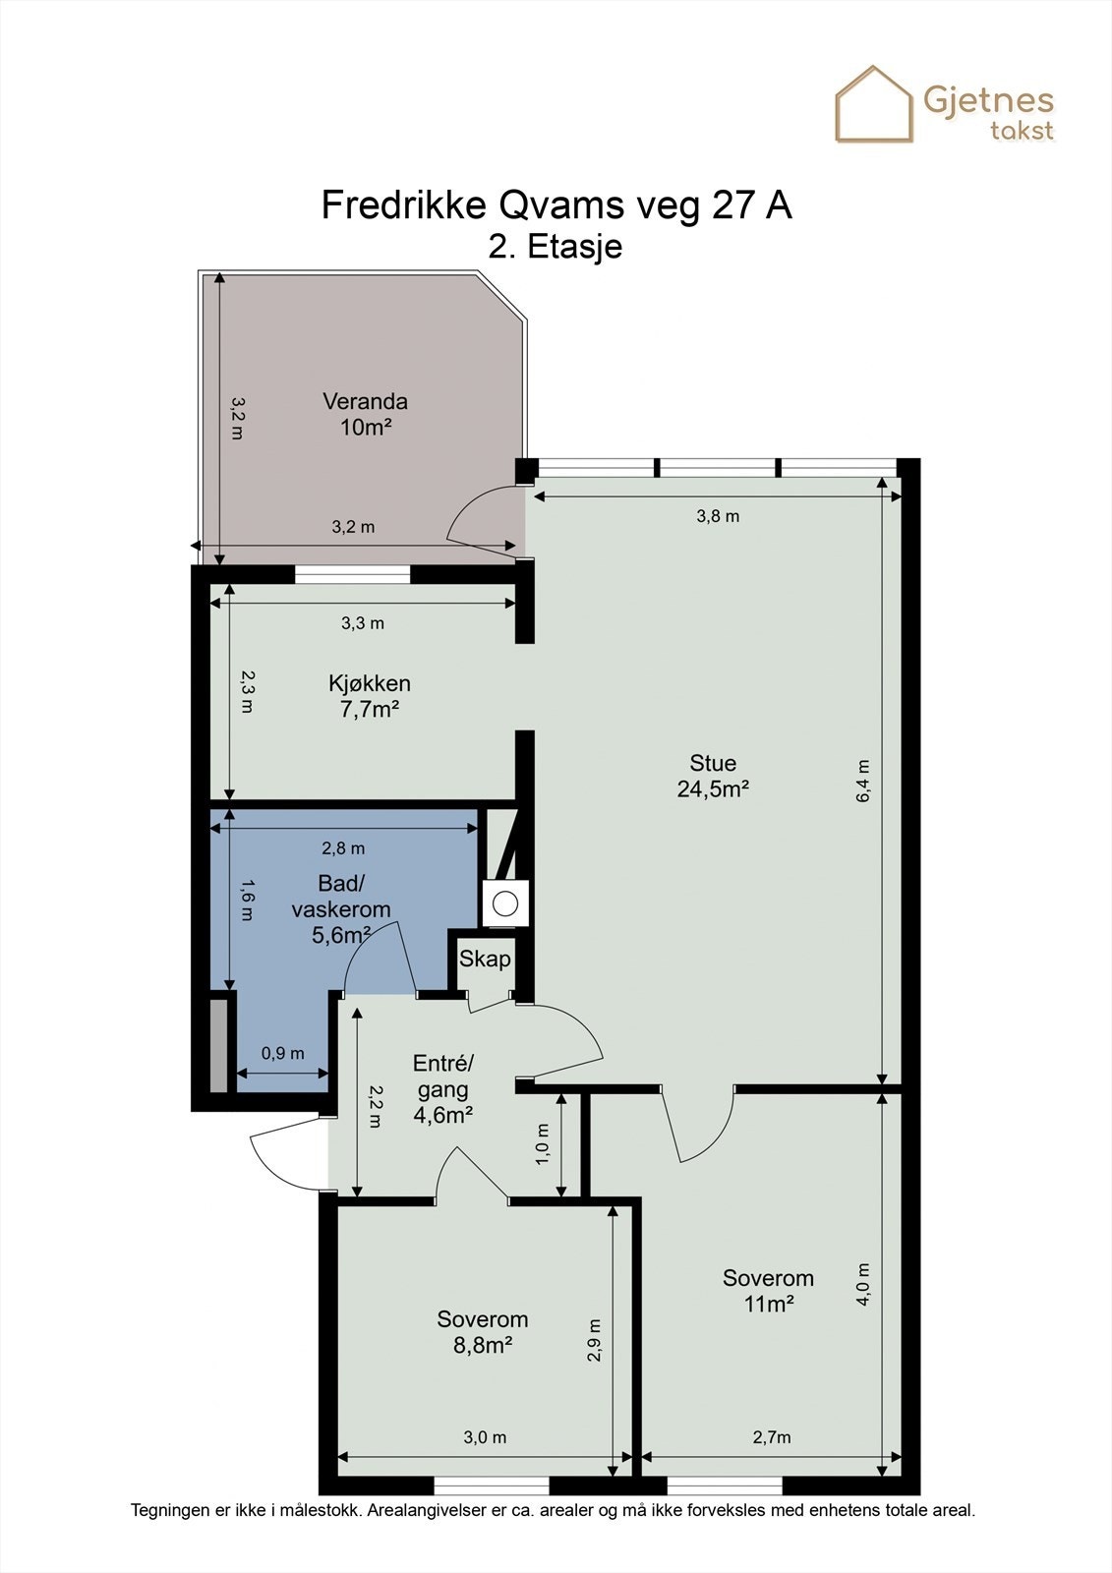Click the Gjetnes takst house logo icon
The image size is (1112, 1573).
pos(874,104)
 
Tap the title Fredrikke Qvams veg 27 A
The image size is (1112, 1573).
pos(556,205)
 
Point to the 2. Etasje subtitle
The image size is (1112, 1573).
pos(556,247)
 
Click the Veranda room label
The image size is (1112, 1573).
pos(366,414)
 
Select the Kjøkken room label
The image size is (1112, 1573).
pos(370,696)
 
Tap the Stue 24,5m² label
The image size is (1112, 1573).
pos(713,776)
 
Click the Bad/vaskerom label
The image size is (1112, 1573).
pos(341,908)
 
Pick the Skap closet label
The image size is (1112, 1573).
pos(485,958)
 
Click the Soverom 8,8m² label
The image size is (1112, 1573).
pos(483,1332)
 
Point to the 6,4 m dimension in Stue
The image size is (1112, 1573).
pos(863,781)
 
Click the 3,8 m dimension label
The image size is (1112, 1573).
pos(718,516)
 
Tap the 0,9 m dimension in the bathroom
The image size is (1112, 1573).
pos(283,1053)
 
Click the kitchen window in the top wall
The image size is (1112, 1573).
pos(352,574)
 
